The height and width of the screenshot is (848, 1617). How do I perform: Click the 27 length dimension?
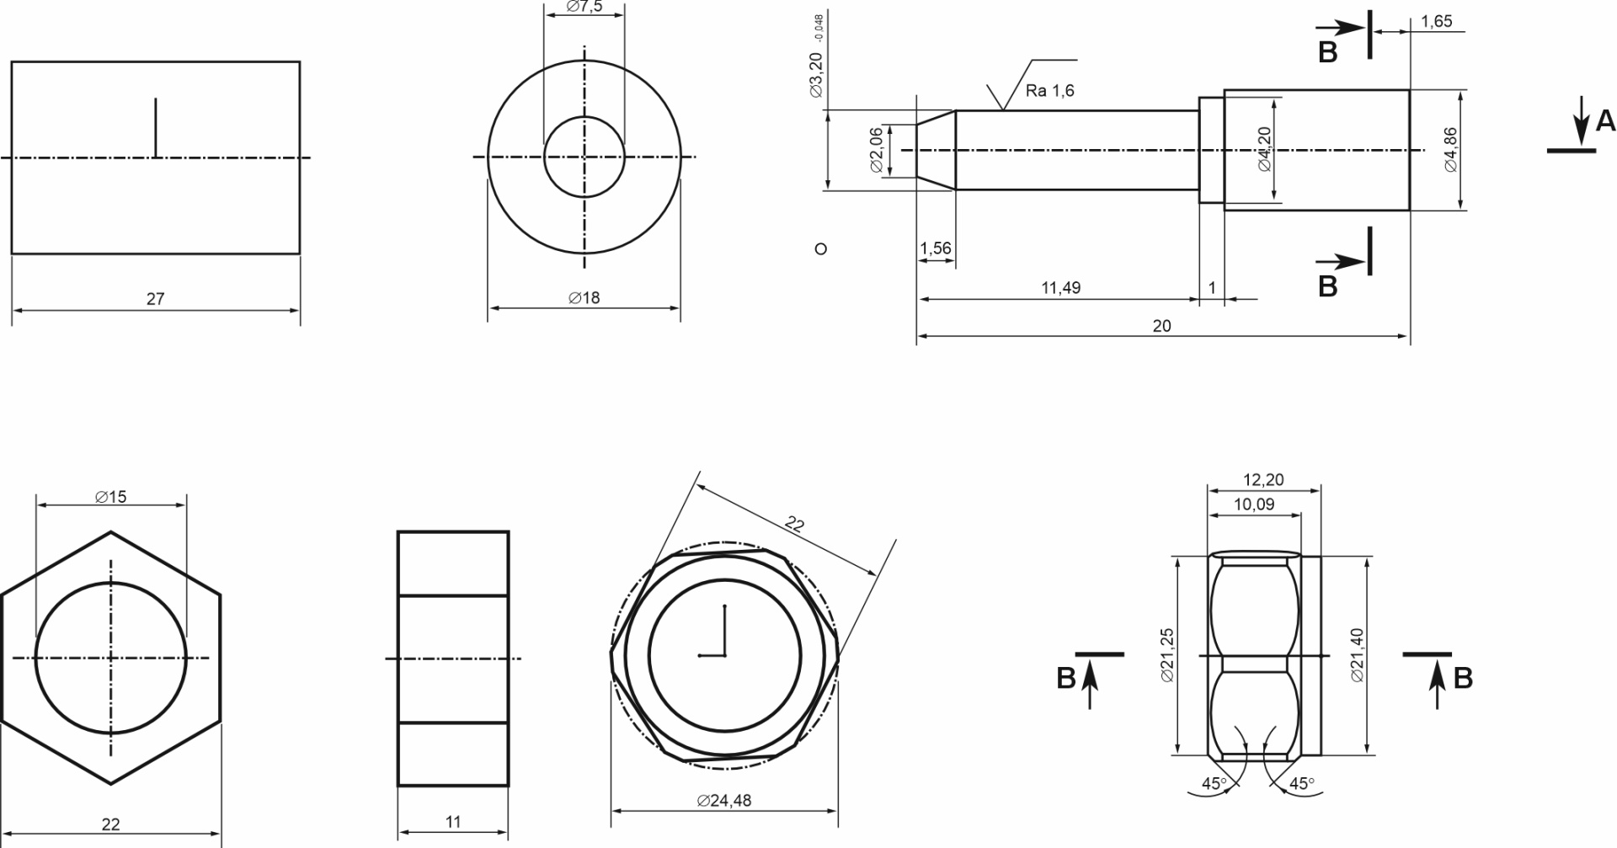coord(156,299)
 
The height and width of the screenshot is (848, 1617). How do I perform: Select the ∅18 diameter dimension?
coord(584,298)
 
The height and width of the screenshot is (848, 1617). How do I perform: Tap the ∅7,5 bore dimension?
coord(584,7)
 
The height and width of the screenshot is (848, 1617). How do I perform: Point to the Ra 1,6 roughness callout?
coord(1050,91)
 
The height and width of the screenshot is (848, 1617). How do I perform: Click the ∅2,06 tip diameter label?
coord(877,150)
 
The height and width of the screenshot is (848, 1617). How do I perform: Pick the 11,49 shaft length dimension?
coord(1060,288)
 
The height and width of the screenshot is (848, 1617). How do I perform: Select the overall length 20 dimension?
coord(1161,326)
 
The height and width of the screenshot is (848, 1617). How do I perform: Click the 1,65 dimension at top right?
coord(1437,22)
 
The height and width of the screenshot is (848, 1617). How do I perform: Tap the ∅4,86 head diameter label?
coord(1451,150)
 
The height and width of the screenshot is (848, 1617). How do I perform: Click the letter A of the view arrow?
coord(1605,121)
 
